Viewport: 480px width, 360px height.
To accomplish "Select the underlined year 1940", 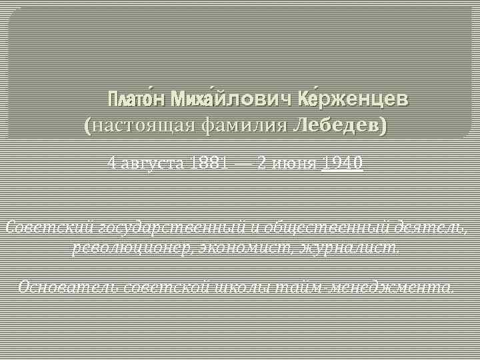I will (342, 162).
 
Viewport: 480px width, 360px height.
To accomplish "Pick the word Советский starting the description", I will (48, 227).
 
